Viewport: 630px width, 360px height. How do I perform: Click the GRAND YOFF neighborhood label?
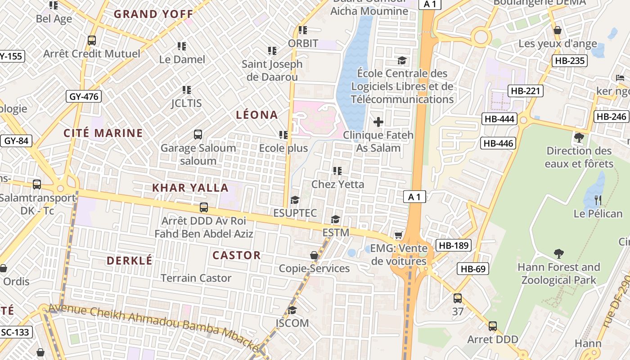153,14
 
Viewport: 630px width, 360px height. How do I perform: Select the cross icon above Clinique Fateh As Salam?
378,121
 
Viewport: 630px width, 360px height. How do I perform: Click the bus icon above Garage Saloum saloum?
198,134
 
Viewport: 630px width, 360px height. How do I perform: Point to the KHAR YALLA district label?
190,188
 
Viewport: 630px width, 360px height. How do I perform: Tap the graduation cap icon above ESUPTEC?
295,200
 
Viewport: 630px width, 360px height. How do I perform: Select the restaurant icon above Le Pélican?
598,200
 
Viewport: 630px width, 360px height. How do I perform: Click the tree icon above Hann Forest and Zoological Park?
559,254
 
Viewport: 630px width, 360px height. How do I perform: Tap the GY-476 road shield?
84,96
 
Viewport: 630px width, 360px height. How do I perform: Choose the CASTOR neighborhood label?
237,255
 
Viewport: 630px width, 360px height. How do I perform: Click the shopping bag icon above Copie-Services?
314,255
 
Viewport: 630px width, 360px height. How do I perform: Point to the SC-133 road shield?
15,333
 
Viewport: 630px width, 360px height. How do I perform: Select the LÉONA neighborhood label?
257,115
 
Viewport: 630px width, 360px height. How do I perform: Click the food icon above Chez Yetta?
337,171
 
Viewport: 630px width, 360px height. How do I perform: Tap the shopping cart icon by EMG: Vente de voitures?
398,235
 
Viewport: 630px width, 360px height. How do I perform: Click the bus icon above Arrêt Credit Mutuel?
92,40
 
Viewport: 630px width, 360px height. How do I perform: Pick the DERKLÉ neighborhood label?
130,261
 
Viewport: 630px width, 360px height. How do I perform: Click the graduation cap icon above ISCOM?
292,310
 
